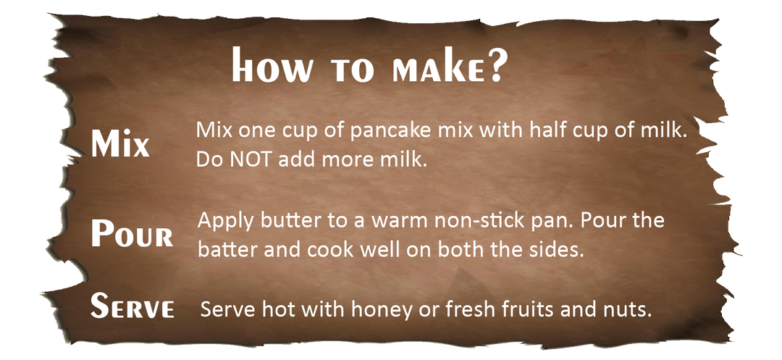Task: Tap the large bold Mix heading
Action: pyautogui.click(x=120, y=144)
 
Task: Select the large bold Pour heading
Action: pyautogui.click(x=132, y=234)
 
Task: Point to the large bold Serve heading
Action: pyautogui.click(x=133, y=306)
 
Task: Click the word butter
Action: pyautogui.click(x=272, y=219)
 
